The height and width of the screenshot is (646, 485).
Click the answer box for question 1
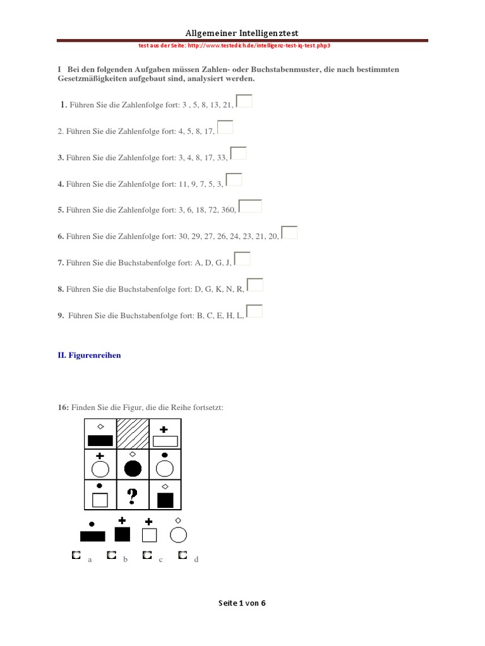coord(244,101)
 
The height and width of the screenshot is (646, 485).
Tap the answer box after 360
coord(250,206)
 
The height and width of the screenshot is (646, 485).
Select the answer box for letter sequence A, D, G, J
coord(242,259)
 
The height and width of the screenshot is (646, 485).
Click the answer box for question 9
coord(254,311)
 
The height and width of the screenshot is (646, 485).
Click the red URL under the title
coord(234,45)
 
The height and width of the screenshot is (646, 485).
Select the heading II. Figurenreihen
coord(89,355)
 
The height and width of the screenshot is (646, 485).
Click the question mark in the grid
coord(133,496)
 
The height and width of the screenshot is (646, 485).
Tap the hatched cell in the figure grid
coord(133,434)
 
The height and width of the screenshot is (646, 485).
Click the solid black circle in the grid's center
coord(133,469)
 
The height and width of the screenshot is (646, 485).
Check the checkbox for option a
coord(76,555)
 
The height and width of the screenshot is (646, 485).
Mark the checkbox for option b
coord(111,555)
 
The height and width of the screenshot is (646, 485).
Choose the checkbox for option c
coord(147,555)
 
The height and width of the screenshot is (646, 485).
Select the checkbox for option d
coord(183,555)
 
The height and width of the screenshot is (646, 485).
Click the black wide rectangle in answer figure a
coord(92,536)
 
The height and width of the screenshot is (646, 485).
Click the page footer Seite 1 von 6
coord(242,603)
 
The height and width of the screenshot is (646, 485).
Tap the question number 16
coord(63,408)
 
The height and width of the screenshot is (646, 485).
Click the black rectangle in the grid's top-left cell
coord(100,440)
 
